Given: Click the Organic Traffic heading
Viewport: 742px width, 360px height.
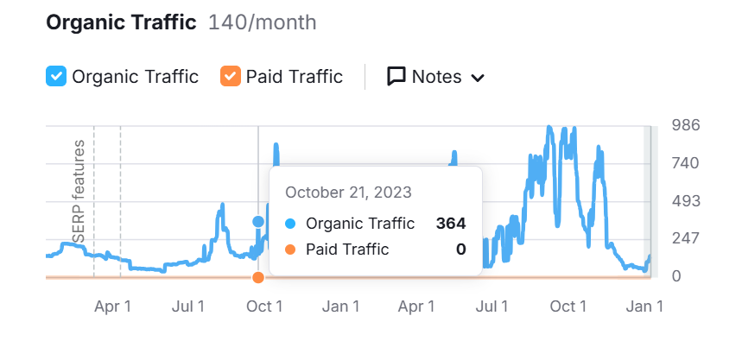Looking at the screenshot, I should click(x=121, y=22).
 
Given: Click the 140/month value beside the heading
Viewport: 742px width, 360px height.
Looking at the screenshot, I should click(x=263, y=22).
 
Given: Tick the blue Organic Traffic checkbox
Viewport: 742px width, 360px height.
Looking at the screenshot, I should click(x=56, y=77).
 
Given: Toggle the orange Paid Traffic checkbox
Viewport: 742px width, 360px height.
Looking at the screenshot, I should click(x=230, y=77).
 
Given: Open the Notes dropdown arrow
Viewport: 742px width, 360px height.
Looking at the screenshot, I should click(x=477, y=78).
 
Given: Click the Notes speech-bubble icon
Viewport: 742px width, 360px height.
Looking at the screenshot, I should click(x=396, y=77).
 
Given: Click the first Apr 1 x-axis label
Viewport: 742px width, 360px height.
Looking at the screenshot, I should click(x=112, y=306).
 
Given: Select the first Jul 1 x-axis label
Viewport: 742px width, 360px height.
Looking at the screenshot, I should click(x=188, y=306).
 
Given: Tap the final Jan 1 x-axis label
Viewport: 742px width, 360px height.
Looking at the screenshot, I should click(x=644, y=306).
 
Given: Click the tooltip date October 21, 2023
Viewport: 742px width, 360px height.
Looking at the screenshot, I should click(x=348, y=192).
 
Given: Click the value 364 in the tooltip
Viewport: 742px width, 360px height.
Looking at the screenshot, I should click(x=451, y=224).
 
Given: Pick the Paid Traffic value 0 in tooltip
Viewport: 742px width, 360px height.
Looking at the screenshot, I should click(x=461, y=249).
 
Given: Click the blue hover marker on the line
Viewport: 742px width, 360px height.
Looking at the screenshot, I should click(x=258, y=222).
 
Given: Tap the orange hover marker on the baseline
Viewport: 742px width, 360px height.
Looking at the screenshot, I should click(x=258, y=277).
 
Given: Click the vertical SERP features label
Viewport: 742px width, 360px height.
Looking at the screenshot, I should click(x=79, y=191).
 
